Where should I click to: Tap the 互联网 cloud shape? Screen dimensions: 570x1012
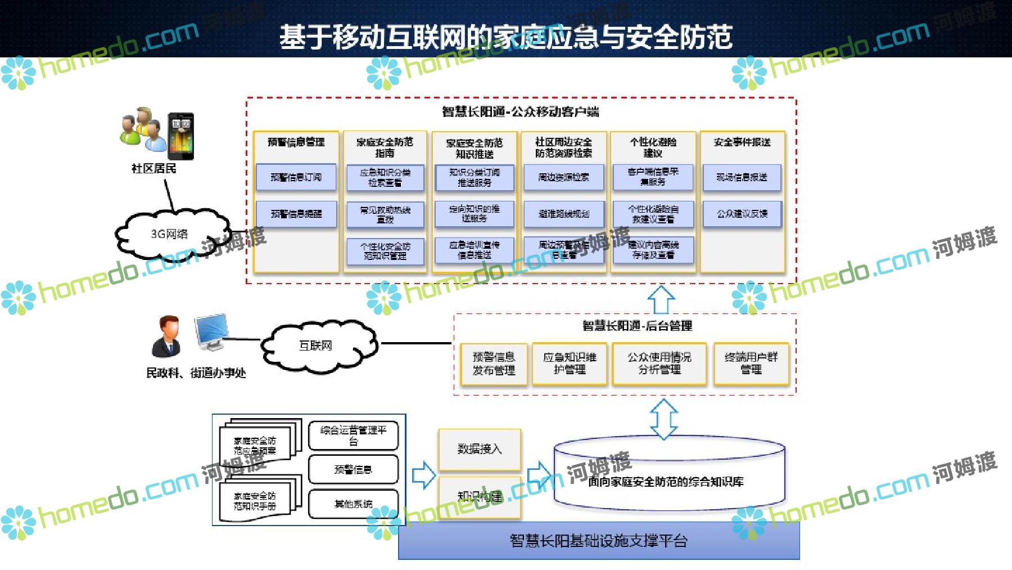(x=318, y=345)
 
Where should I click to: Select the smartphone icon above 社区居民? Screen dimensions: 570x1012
(x=181, y=137)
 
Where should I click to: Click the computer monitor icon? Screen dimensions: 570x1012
(x=210, y=332)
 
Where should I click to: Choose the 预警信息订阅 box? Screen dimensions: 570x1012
(x=296, y=177)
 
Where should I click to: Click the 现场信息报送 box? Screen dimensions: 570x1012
(x=742, y=177)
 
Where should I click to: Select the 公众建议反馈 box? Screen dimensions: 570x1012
(x=742, y=214)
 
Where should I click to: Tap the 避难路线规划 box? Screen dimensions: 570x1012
(x=563, y=214)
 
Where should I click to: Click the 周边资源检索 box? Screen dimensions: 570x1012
(x=563, y=177)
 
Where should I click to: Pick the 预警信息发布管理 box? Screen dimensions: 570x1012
(x=494, y=363)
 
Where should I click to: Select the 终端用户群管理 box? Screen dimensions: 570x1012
(x=751, y=363)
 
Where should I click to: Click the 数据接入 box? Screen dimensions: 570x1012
(x=480, y=448)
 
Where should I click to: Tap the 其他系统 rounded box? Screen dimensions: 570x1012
(x=353, y=504)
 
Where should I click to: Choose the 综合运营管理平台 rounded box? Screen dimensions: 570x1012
(x=353, y=436)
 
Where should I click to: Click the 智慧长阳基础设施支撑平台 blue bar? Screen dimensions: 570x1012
(x=599, y=541)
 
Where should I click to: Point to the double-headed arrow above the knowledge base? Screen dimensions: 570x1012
(x=663, y=419)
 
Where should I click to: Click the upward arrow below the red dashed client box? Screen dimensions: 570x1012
(x=661, y=299)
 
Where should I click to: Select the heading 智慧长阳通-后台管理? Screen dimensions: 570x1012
(x=637, y=325)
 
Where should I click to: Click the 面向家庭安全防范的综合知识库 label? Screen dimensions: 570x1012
(x=666, y=482)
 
